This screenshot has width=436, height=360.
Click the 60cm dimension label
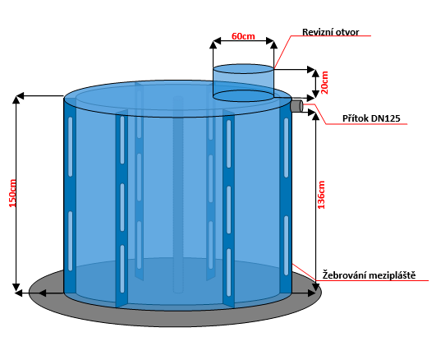pos(243,36)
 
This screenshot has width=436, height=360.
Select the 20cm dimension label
pos(324,82)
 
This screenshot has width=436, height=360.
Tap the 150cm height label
pos(13,193)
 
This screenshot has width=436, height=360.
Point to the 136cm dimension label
pos(321,195)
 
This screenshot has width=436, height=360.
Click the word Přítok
pos(355,118)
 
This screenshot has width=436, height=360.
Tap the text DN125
pos(386,118)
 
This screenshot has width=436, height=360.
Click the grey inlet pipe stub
pos(296,106)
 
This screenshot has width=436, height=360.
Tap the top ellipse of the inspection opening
pos(243,69)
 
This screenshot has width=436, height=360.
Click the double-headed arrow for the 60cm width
pos(243,41)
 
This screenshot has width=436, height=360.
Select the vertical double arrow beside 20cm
pos(315,84)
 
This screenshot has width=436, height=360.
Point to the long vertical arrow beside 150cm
pos(16,193)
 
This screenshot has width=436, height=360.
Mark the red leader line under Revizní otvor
pos(323,35)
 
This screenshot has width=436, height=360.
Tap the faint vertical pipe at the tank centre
pos(178,195)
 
